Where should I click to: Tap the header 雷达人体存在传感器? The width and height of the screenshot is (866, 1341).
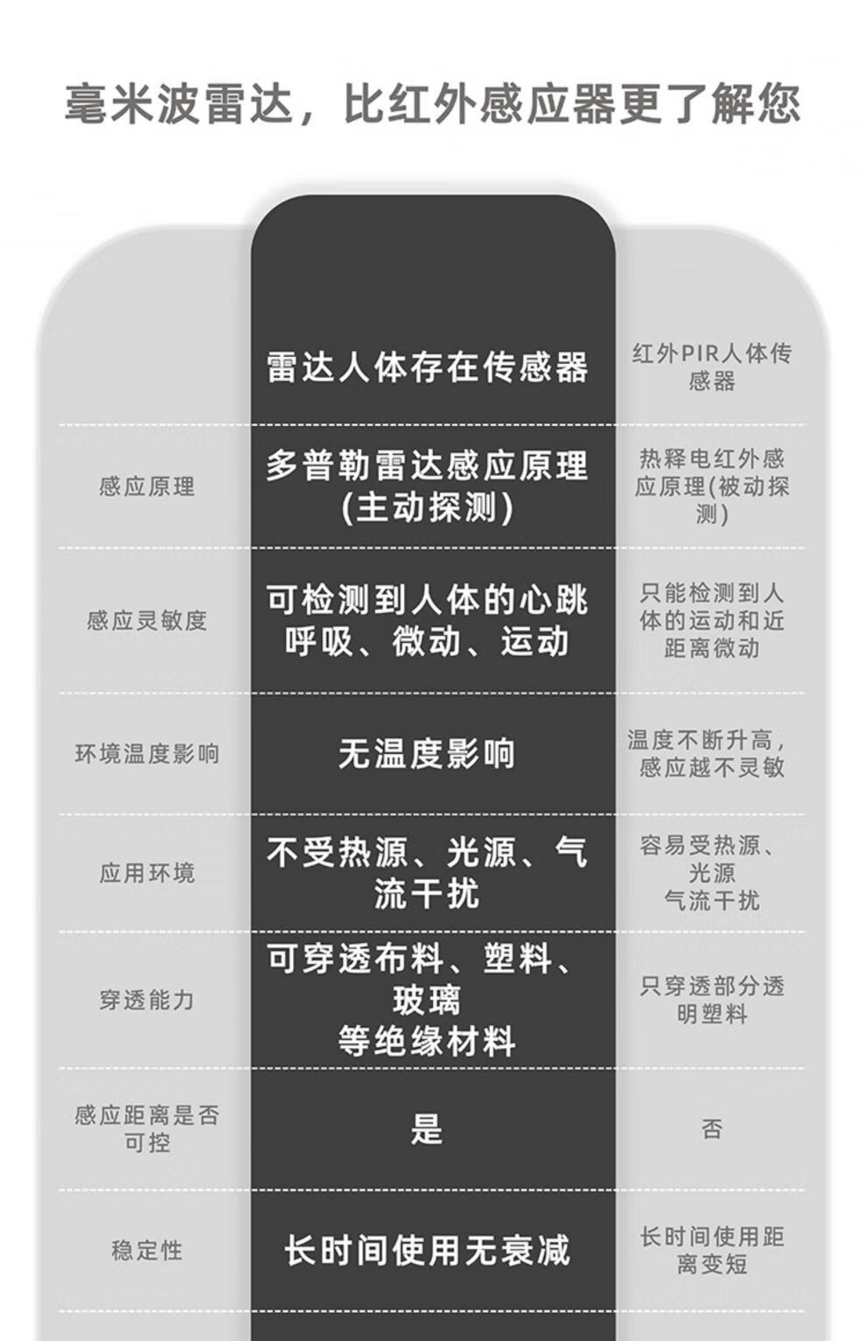click(x=428, y=367)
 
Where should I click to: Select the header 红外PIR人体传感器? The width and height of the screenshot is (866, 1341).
click(x=711, y=367)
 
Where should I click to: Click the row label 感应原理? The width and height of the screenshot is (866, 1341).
click(x=147, y=486)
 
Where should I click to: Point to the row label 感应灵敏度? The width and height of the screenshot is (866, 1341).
click(x=147, y=620)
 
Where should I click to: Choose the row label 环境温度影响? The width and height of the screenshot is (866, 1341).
click(x=147, y=754)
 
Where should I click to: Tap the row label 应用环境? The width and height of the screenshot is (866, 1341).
click(x=147, y=873)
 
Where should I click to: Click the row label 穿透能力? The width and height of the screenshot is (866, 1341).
click(x=147, y=1000)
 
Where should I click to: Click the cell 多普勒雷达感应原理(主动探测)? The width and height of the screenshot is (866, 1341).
click(x=428, y=486)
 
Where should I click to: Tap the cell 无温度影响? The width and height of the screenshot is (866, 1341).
click(x=428, y=753)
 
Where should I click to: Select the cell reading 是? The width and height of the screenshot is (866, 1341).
click(x=428, y=1129)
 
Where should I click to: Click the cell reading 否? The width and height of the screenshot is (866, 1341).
click(x=711, y=1129)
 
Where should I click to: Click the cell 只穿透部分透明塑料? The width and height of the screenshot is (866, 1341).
click(x=711, y=1000)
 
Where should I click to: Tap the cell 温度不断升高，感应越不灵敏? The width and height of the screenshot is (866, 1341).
click(x=711, y=754)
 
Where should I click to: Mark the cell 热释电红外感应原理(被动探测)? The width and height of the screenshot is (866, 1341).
click(x=711, y=486)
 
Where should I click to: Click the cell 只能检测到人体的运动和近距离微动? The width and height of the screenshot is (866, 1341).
click(x=711, y=620)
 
